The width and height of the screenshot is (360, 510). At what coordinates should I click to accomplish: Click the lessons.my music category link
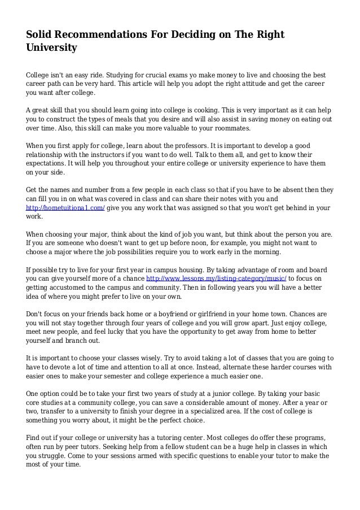tap(216, 278)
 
